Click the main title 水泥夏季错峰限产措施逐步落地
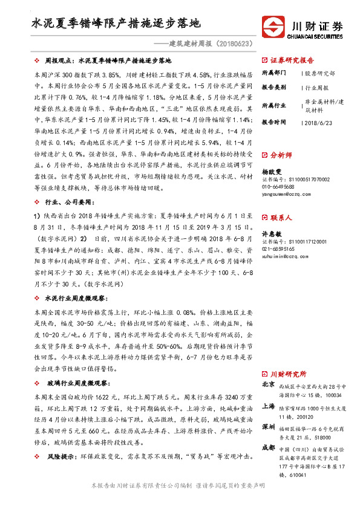tap(116, 25)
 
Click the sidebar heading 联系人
tap(281, 216)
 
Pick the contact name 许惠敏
tap(272, 233)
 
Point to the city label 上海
tap(268, 406)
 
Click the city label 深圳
tap(268, 427)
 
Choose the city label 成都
tap(268, 449)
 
